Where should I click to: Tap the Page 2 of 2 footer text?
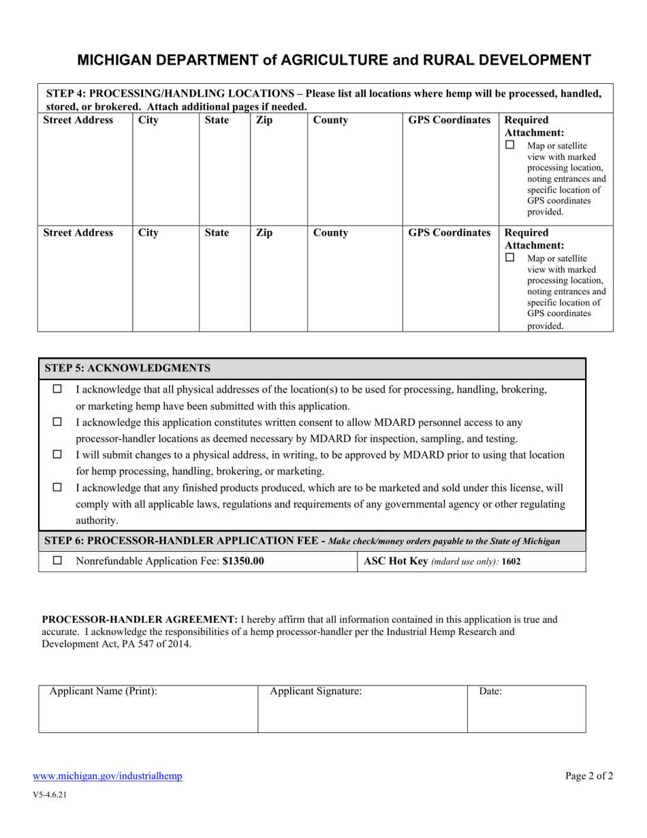(x=589, y=775)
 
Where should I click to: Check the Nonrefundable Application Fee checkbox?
(x=57, y=561)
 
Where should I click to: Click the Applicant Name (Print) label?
(x=104, y=691)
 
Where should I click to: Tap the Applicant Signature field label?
(x=316, y=691)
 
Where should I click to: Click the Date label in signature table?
(x=490, y=691)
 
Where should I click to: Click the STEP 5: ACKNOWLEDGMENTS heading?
(x=127, y=369)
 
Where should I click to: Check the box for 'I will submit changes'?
(x=57, y=454)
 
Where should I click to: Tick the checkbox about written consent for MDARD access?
(x=57, y=422)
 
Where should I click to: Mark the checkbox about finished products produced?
(x=57, y=488)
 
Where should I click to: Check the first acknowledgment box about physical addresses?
(x=57, y=389)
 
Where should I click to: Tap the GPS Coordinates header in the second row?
(x=449, y=233)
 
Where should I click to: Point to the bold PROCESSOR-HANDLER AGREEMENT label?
(x=140, y=620)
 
